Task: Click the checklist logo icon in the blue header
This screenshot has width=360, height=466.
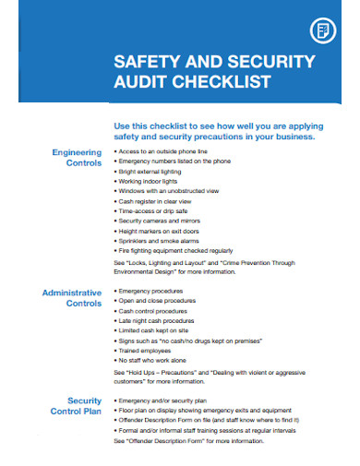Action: coord(324,30)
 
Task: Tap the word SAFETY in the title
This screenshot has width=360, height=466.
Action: coord(144,63)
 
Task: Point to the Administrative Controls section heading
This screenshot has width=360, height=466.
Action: coord(71,297)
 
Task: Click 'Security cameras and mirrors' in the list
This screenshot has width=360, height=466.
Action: coord(160,220)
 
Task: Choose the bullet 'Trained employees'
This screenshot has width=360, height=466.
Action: coord(146,350)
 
